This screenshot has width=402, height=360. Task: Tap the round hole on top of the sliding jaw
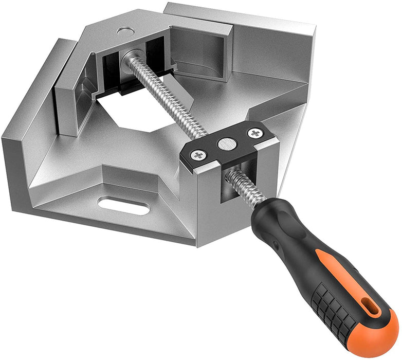[x=123, y=31]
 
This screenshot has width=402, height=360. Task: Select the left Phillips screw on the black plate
[x=198, y=155]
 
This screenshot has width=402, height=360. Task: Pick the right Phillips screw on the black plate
[x=254, y=133]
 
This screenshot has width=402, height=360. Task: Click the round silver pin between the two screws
[x=225, y=144]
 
